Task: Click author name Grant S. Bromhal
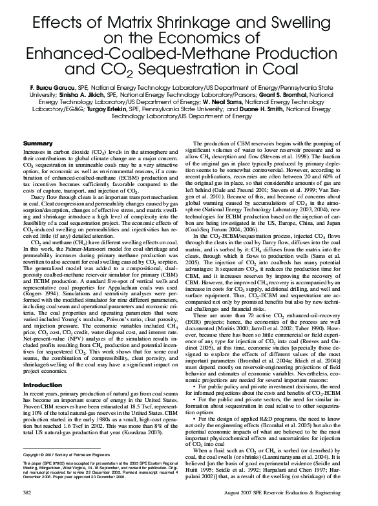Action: point(302,94)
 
